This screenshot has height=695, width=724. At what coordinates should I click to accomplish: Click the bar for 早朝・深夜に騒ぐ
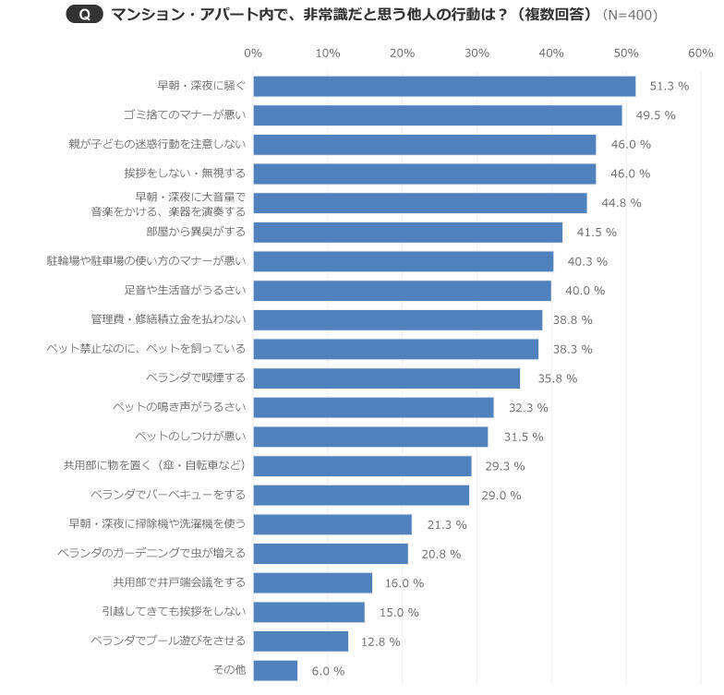click(x=444, y=86)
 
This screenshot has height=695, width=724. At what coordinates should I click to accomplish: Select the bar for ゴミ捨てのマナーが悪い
click(x=438, y=115)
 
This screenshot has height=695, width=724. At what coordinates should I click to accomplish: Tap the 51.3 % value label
click(x=670, y=86)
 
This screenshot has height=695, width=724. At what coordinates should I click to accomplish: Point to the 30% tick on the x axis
click(x=477, y=53)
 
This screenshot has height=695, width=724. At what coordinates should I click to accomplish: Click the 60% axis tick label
click(x=700, y=53)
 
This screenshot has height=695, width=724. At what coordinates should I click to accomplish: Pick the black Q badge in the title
click(x=85, y=16)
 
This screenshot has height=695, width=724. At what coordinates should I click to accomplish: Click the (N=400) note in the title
click(x=630, y=16)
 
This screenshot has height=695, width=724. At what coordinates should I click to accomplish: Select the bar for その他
click(x=275, y=670)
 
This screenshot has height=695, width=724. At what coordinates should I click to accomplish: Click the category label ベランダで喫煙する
click(x=196, y=377)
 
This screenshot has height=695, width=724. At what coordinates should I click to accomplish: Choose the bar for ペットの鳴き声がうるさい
click(x=373, y=407)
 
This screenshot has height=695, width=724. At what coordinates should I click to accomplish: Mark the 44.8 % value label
click(x=621, y=203)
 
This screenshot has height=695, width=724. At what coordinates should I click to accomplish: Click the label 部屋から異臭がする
click(x=196, y=232)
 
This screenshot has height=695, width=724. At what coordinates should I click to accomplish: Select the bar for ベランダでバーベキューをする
click(x=361, y=495)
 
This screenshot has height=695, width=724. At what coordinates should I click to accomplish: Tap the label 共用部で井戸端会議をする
click(x=177, y=582)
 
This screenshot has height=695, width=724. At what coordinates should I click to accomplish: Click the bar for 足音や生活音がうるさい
click(x=402, y=291)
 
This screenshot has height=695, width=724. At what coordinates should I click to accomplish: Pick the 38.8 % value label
click(x=573, y=319)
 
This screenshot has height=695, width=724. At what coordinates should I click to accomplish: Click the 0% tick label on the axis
click(x=253, y=53)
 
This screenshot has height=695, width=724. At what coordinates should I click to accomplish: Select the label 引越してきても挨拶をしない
click(x=174, y=612)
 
